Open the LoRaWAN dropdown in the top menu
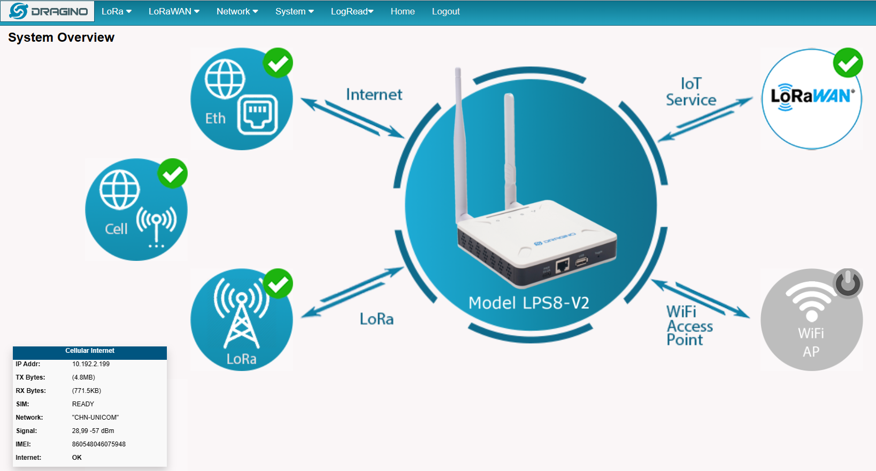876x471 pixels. click(174, 11)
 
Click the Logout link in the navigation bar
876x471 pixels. click(445, 11)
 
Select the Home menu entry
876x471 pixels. click(402, 11)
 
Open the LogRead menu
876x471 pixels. click(352, 11)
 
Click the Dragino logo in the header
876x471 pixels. click(48, 11)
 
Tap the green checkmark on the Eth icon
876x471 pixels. click(278, 63)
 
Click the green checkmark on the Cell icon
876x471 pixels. click(172, 174)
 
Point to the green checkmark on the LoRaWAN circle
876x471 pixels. click(848, 63)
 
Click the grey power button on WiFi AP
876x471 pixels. click(848, 283)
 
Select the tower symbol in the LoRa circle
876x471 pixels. click(241, 313)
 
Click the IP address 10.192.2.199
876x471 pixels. click(91, 364)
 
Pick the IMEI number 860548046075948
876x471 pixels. click(98, 444)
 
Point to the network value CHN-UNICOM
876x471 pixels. click(95, 418)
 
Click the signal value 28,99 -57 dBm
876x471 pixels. click(93, 431)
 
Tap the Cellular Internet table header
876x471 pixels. click(90, 351)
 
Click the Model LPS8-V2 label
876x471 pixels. click(529, 303)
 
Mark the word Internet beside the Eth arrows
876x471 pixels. click(374, 95)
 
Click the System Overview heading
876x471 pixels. click(62, 37)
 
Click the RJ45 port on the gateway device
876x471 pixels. click(563, 265)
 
